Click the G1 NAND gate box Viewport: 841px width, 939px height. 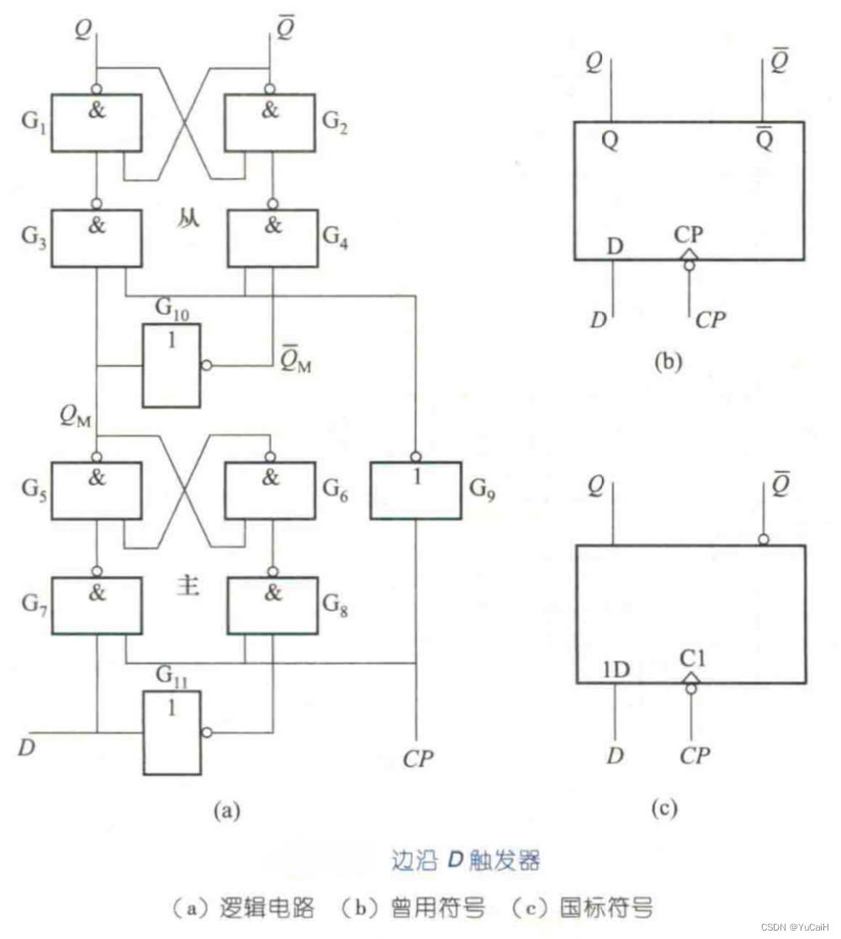click(x=96, y=123)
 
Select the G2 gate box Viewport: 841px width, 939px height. click(x=269, y=123)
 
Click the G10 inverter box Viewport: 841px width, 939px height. click(x=171, y=366)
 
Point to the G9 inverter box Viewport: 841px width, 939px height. click(x=416, y=490)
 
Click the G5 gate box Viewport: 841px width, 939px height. click(x=96, y=490)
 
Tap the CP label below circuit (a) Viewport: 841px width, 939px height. click(x=418, y=758)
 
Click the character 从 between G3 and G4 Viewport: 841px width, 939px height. click(x=188, y=224)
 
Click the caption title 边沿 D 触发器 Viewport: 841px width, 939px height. click(x=465, y=861)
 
